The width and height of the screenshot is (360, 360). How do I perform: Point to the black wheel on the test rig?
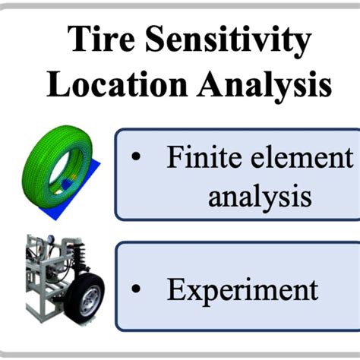(84, 295)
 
